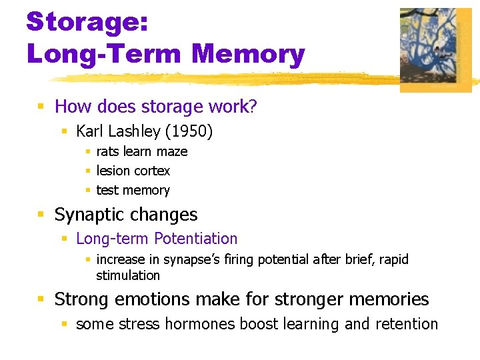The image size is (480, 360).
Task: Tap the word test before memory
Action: [107, 190]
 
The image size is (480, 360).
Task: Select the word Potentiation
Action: [195, 238]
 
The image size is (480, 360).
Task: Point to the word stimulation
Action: [128, 275]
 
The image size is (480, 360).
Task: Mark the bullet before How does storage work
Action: [41, 107]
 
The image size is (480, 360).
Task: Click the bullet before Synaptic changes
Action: [41, 215]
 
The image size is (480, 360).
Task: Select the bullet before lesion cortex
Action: [87, 171]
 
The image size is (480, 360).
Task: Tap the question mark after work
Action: [253, 107]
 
